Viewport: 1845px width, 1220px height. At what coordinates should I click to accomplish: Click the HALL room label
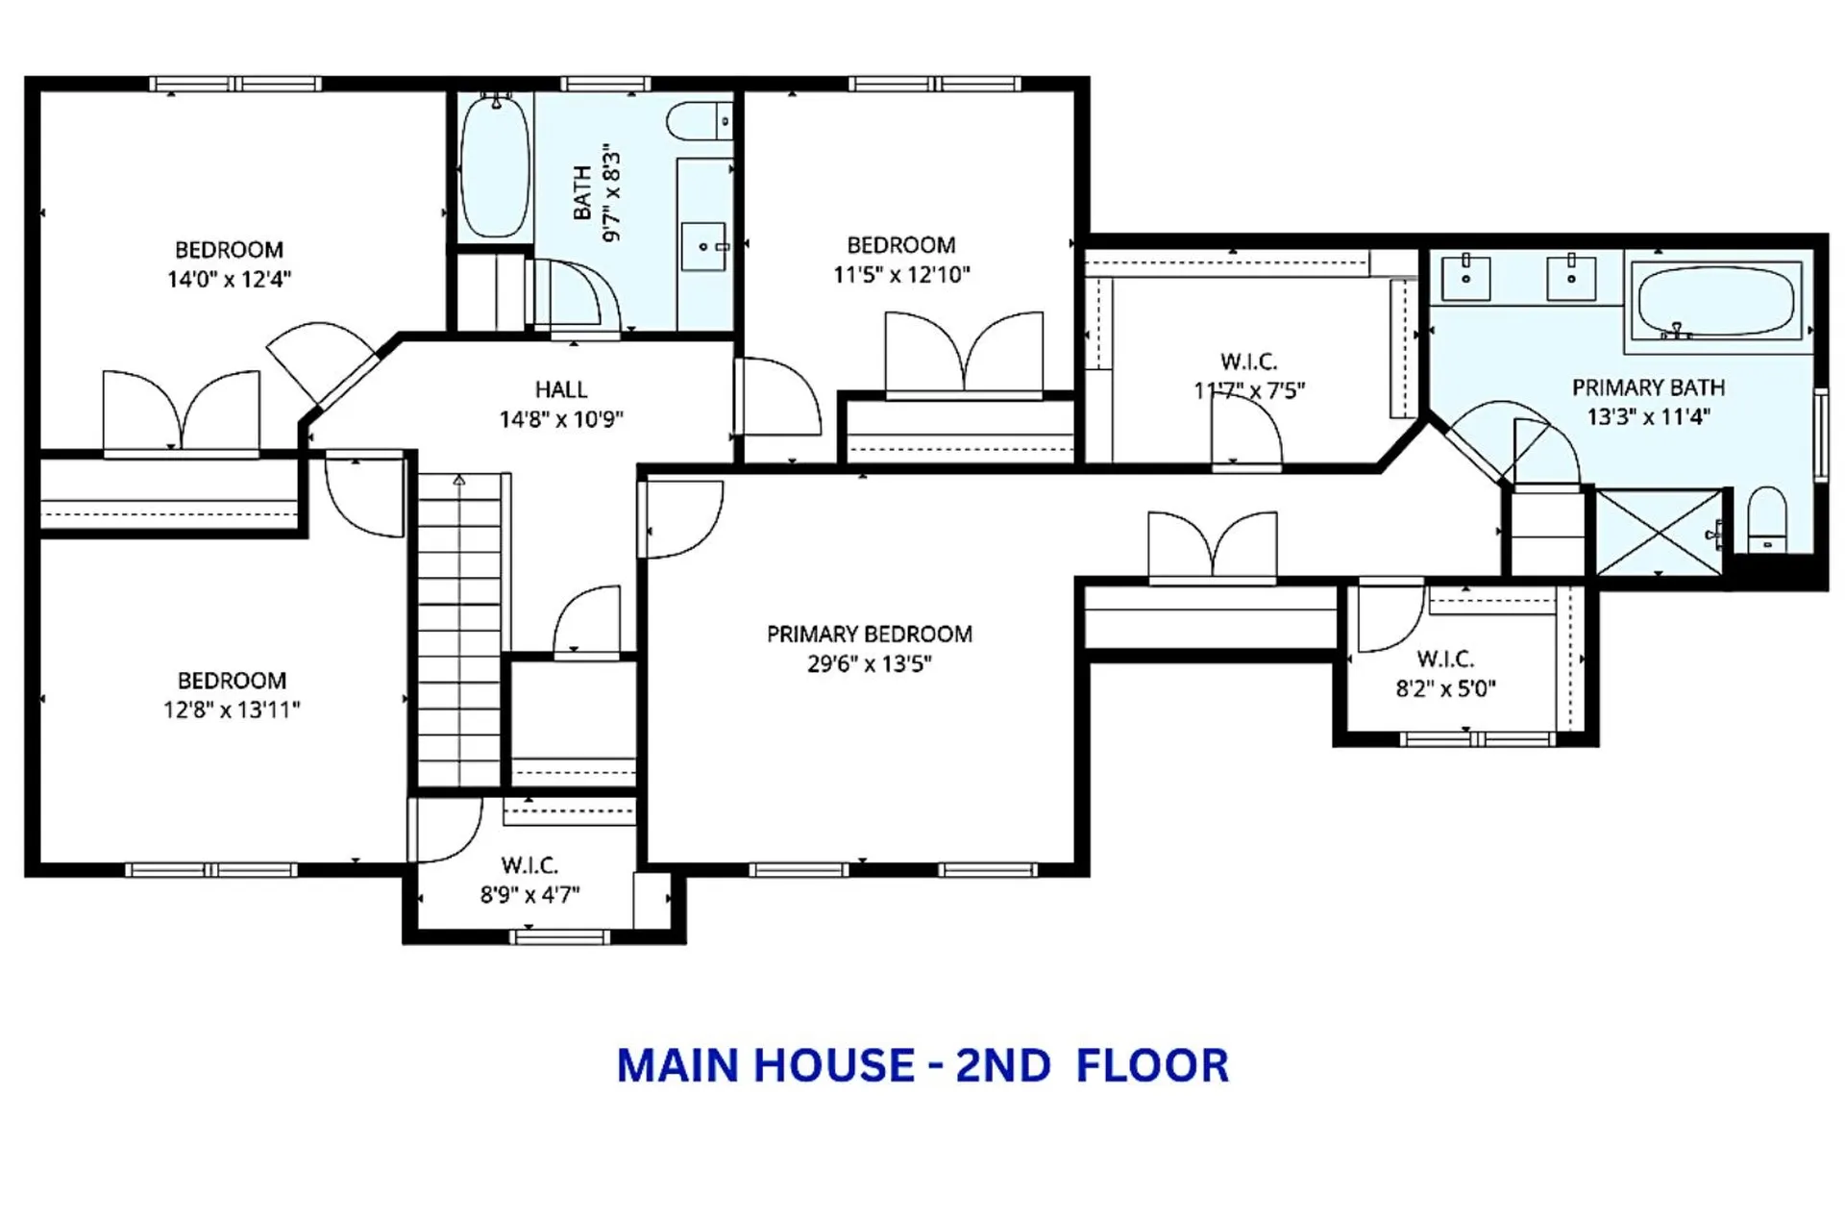tap(561, 389)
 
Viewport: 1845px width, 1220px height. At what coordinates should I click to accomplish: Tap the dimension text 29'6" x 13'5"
tap(869, 664)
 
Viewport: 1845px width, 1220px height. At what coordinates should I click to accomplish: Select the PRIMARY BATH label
tap(1648, 387)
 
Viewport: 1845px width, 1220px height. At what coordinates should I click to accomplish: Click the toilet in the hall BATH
tap(698, 122)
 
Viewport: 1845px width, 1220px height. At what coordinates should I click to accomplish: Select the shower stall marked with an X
tap(1660, 532)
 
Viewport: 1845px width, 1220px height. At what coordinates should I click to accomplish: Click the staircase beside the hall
tap(459, 630)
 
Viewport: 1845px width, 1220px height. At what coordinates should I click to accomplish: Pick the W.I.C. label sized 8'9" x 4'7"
tap(529, 865)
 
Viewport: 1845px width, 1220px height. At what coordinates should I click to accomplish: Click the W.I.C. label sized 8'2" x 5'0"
tap(1445, 660)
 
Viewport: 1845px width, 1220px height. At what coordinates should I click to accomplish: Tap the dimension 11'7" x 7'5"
tap(1248, 391)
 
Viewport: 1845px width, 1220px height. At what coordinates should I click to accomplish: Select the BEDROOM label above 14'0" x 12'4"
tap(229, 250)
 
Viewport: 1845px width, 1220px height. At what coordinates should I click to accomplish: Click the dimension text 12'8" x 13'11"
tap(232, 710)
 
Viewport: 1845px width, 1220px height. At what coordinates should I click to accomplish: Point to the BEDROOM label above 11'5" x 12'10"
tap(900, 245)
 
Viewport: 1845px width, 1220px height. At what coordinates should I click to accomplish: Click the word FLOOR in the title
tap(1152, 1066)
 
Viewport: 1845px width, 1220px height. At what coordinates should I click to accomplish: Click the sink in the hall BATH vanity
tap(704, 247)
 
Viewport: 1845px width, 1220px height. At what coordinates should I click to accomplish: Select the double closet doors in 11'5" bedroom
tap(964, 355)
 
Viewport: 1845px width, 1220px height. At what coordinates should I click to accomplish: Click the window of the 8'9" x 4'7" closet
tap(558, 936)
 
